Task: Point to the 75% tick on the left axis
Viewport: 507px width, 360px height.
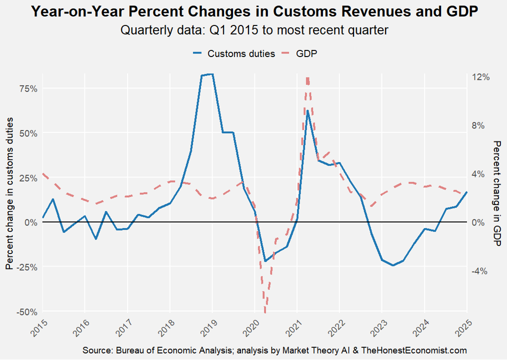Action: (x=28, y=89)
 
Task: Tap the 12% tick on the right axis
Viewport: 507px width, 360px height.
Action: (x=480, y=77)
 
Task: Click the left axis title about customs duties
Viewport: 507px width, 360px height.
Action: (x=9, y=194)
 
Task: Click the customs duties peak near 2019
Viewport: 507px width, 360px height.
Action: (x=212, y=74)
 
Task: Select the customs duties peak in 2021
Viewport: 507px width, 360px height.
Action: (x=307, y=111)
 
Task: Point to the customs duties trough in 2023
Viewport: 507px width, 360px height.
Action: (x=393, y=265)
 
